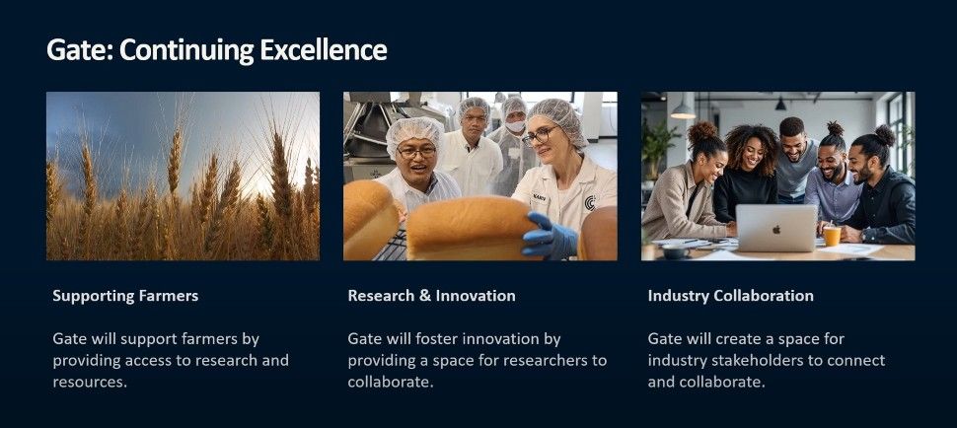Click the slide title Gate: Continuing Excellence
217,49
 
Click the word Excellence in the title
329,49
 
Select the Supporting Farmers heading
125,296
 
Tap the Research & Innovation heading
431,296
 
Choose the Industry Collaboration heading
730,296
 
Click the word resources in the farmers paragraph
89,382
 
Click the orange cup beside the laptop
832,236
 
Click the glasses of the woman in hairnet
540,135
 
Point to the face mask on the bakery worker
515,126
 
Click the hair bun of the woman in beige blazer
703,130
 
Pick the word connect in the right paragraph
857,360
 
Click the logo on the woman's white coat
589,203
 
